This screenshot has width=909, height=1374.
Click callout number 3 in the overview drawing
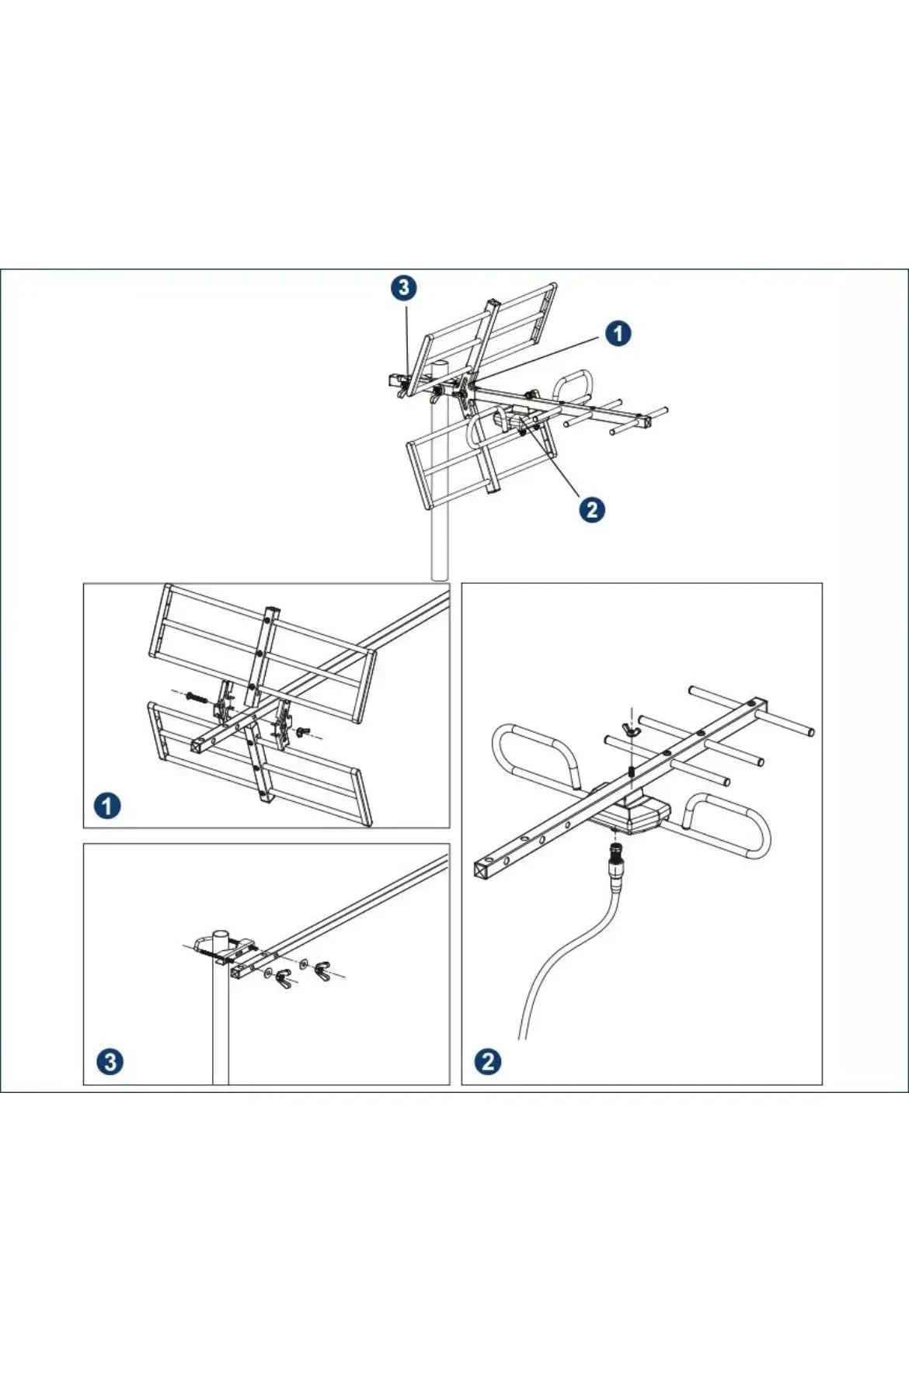(403, 288)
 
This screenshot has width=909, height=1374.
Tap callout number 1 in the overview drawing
(618, 334)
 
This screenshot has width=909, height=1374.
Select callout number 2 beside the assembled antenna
(592, 510)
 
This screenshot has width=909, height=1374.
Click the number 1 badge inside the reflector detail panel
(107, 805)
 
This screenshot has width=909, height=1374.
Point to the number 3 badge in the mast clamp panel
(110, 1061)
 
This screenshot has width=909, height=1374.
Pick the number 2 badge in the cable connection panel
(488, 1061)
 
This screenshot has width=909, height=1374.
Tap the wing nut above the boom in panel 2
(632, 727)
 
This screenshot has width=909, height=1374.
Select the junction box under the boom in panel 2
(629, 814)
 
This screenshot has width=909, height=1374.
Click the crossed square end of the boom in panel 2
(484, 867)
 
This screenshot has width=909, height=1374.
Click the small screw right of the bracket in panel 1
(304, 730)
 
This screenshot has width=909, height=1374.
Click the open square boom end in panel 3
(237, 972)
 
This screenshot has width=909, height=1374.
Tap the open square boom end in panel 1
(200, 745)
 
